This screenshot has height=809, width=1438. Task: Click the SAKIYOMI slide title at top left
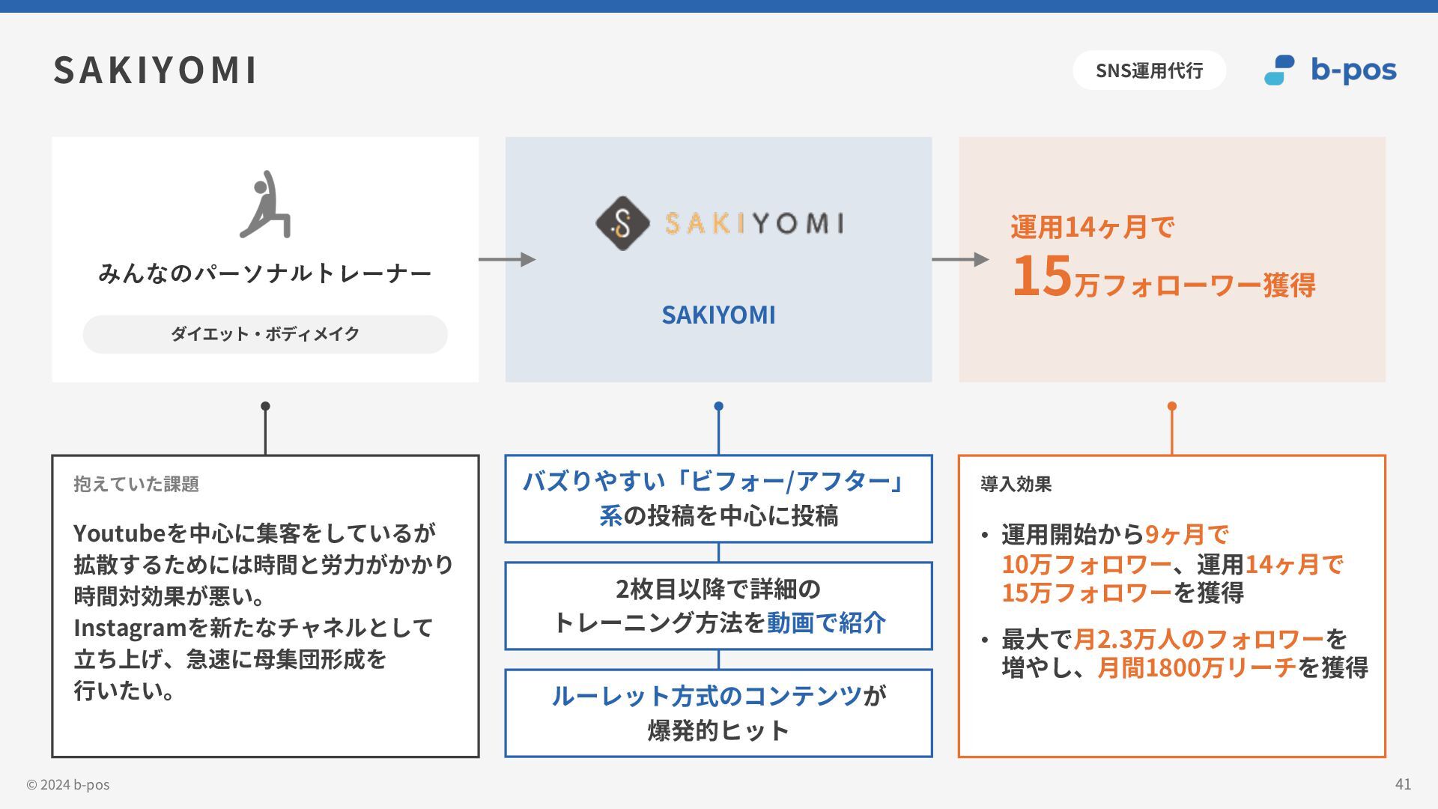[x=155, y=70]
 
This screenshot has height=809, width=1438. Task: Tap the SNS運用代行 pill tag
[x=1149, y=70]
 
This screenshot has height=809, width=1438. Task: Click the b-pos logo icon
[x=1279, y=70]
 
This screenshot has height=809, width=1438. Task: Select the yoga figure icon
[x=266, y=204]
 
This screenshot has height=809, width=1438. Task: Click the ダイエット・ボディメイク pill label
[x=265, y=334]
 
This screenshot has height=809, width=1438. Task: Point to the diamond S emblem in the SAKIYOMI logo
[x=622, y=223]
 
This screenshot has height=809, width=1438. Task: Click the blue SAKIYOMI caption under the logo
[x=718, y=315]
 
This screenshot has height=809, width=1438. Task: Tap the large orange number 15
[x=1042, y=276]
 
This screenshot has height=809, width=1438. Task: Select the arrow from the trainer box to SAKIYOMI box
[x=507, y=259]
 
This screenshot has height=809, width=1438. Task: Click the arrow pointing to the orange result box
[x=960, y=259]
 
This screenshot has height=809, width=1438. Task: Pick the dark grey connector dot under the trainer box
[x=265, y=406]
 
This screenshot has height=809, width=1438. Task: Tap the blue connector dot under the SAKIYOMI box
[x=718, y=406]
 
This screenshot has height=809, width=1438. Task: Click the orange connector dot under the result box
[x=1172, y=406]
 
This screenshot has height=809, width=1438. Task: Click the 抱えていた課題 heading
[x=136, y=484]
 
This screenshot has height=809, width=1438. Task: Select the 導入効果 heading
[x=1016, y=484]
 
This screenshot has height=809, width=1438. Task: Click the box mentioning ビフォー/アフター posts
[x=718, y=498]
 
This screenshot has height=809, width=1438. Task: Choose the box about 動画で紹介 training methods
[x=718, y=605]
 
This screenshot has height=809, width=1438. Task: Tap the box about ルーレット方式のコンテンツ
[x=718, y=713]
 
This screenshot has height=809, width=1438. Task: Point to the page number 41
[x=1403, y=784]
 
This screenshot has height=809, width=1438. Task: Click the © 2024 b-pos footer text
[x=68, y=784]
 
